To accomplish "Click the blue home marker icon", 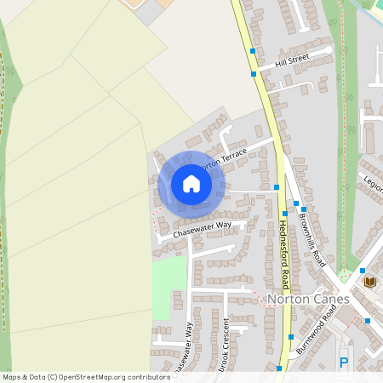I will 191,184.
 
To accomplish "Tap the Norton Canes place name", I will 307,300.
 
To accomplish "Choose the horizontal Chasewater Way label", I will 202,228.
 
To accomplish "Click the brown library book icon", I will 369,282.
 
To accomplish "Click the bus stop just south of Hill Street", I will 254,75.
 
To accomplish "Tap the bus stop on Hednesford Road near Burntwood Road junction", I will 292,336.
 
